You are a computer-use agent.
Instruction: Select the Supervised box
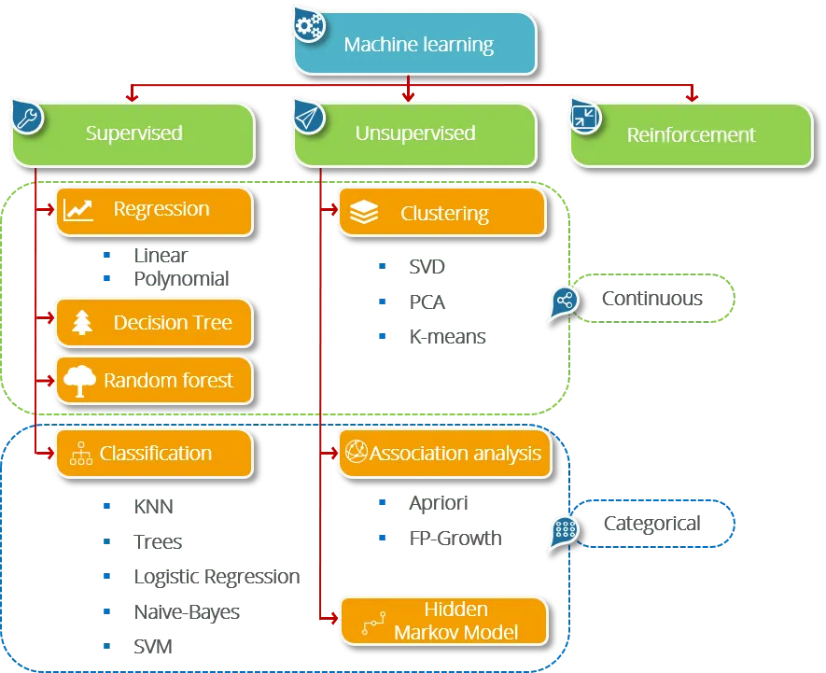(133, 133)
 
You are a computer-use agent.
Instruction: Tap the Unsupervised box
(415, 133)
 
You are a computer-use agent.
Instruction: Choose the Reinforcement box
(691, 135)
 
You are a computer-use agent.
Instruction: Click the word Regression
(161, 209)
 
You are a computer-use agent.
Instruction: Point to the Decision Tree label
(172, 323)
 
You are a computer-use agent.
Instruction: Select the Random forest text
(167, 380)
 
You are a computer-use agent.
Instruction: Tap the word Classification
(156, 454)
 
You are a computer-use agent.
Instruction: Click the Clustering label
(444, 214)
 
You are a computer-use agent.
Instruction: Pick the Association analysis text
(455, 455)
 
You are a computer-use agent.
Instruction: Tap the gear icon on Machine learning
(308, 24)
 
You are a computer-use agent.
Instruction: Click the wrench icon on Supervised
(26, 118)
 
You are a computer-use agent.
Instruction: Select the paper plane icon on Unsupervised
(308, 116)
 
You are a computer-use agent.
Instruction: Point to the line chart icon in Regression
(78, 210)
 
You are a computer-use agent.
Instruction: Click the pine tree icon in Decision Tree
(83, 323)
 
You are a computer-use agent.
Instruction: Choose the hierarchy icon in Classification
(81, 455)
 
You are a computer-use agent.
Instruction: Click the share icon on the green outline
(563, 301)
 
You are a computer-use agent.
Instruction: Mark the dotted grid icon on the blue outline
(563, 529)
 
